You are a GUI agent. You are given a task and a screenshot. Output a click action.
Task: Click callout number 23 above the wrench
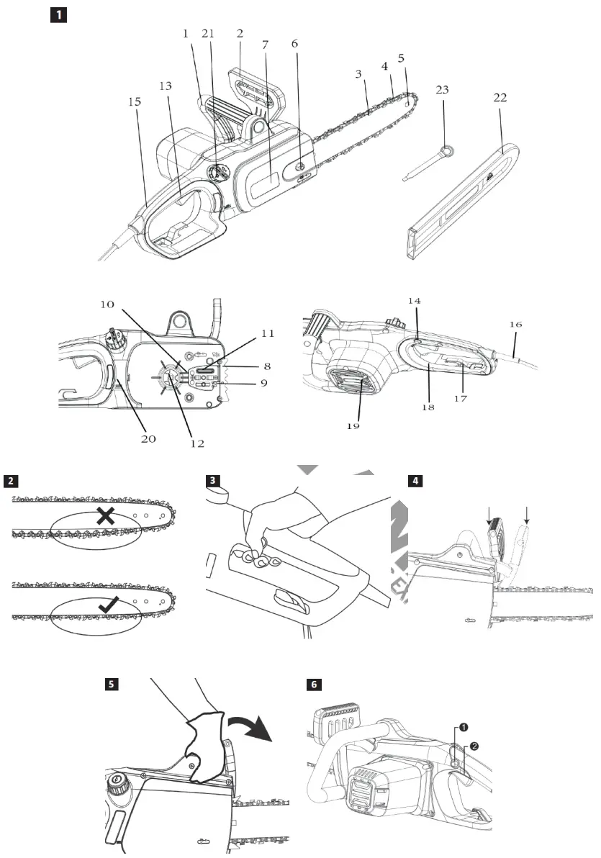(442, 90)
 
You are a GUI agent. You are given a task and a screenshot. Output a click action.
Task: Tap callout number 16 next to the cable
(516, 325)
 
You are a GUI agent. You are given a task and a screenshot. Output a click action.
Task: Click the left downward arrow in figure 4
(489, 515)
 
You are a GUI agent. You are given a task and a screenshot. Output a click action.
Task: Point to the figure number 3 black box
(212, 481)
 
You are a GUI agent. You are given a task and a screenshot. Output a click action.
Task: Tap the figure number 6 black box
(312, 684)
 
